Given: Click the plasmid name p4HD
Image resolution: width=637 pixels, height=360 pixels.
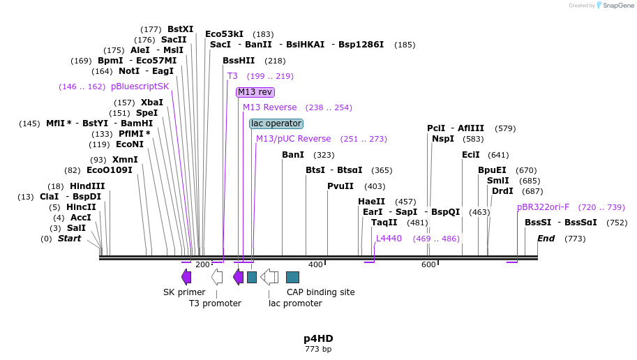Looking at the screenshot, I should click(x=318, y=338).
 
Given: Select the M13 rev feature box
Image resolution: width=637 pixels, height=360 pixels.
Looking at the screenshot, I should click(x=255, y=92).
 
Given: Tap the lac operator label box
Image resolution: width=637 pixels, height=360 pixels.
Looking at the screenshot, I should click(x=276, y=123).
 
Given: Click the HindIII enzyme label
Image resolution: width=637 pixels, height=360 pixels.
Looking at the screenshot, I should click(x=87, y=186).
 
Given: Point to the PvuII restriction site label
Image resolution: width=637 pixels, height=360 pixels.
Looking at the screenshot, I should click(x=340, y=186).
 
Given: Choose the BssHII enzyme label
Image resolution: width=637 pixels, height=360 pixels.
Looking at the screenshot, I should click(x=239, y=61).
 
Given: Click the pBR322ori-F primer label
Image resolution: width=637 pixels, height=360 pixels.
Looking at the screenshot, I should click(x=543, y=207).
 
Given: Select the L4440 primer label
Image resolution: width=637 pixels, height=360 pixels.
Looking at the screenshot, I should click(x=389, y=239).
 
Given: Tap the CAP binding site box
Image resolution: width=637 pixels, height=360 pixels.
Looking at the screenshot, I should click(x=293, y=277).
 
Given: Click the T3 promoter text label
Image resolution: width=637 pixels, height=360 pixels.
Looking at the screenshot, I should click(x=215, y=303).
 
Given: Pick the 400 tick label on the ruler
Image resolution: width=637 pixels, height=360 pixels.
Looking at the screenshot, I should click(x=315, y=264).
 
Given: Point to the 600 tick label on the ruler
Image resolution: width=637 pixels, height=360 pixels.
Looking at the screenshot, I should click(x=428, y=264).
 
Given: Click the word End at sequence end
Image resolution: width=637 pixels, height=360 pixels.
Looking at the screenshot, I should click(x=546, y=239).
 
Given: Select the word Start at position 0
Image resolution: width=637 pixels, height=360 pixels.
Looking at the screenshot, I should click(x=69, y=239).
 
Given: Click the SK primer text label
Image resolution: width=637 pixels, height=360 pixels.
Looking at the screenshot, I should click(x=184, y=292).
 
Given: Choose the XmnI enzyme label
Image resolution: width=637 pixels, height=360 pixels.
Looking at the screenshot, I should click(x=125, y=160).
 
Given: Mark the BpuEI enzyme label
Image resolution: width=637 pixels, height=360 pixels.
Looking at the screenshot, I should click(x=492, y=170).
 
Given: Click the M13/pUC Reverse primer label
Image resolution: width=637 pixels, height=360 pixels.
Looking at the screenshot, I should click(x=293, y=139).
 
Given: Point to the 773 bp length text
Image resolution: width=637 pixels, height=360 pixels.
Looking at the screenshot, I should click(x=318, y=349).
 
